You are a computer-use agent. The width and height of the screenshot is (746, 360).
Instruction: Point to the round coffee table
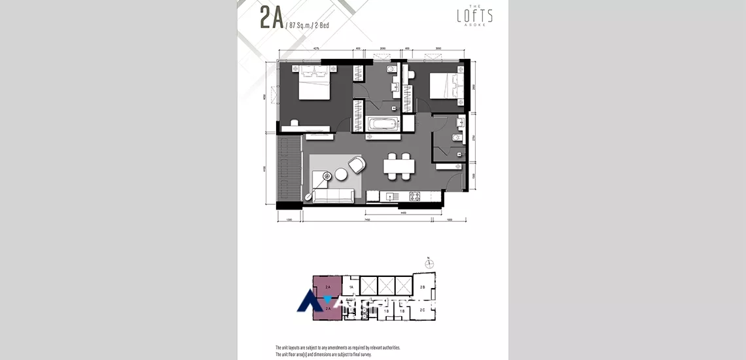point(342,174)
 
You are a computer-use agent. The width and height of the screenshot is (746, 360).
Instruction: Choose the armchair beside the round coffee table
point(357,165)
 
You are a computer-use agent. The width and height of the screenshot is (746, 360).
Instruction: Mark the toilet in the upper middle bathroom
point(390,71)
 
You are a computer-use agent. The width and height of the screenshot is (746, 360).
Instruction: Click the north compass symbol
point(429,263)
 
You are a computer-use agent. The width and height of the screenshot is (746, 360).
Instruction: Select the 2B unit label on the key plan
point(422,287)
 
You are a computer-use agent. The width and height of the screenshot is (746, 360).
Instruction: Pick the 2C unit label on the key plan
point(422,309)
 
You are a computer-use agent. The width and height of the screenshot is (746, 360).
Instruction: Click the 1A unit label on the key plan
point(351,287)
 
